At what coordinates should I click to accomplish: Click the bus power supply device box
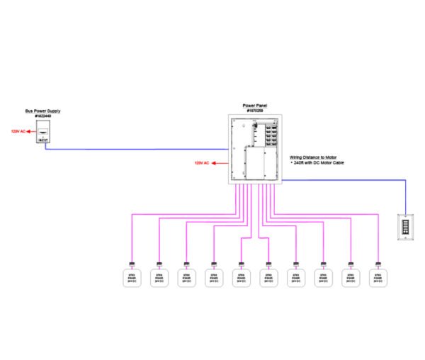point(43,133)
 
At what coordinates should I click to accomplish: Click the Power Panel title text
point(255,106)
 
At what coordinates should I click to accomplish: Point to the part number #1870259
point(255,111)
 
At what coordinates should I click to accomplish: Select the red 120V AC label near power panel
point(203,163)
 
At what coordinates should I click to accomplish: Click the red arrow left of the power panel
point(217,163)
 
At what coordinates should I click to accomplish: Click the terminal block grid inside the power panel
point(269,133)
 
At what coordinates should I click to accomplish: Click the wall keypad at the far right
point(406,227)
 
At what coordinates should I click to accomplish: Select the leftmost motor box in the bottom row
point(131,278)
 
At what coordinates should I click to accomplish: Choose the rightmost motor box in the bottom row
point(379,278)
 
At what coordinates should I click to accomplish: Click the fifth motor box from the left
point(242,278)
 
